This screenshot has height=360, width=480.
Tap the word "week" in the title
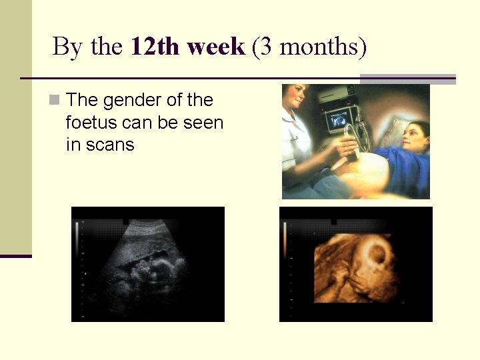[x=217, y=47]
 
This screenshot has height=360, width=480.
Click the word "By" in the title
[x=65, y=47]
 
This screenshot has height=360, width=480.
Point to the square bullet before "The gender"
[x=55, y=101]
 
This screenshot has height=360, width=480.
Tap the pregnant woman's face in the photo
[x=416, y=137]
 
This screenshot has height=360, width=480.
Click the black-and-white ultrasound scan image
[x=148, y=265]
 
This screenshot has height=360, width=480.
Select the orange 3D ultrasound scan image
[x=355, y=265]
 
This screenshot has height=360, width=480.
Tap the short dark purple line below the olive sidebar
[x=15, y=256]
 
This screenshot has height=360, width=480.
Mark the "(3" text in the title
[x=262, y=47]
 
